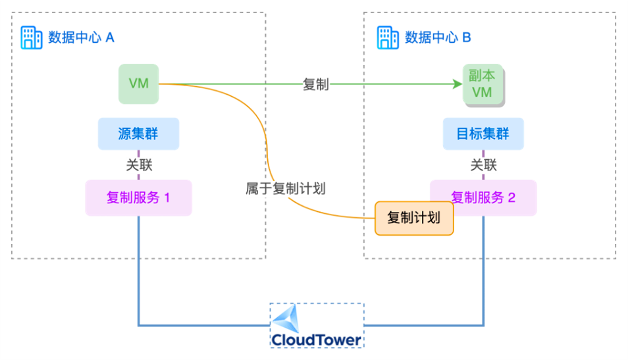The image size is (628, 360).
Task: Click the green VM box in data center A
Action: (x=138, y=84)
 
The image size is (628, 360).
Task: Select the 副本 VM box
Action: (x=482, y=84)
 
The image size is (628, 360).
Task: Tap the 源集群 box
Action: (x=138, y=134)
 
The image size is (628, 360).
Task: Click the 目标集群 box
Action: (x=483, y=134)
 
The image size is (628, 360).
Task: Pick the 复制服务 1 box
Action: (x=138, y=197)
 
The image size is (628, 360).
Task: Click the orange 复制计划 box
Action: (x=413, y=218)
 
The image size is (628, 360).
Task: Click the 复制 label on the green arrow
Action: (x=315, y=84)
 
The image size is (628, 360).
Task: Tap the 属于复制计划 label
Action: (x=286, y=188)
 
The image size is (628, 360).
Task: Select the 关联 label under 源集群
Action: (x=139, y=165)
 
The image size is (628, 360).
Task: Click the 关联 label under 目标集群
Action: (x=483, y=165)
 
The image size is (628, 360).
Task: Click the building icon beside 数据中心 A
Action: (x=31, y=38)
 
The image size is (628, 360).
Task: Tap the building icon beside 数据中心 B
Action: (x=388, y=38)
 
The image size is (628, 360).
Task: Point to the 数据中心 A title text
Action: (x=81, y=38)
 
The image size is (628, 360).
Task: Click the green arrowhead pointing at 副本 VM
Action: (x=456, y=84)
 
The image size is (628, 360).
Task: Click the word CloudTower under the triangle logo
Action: (x=316, y=340)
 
